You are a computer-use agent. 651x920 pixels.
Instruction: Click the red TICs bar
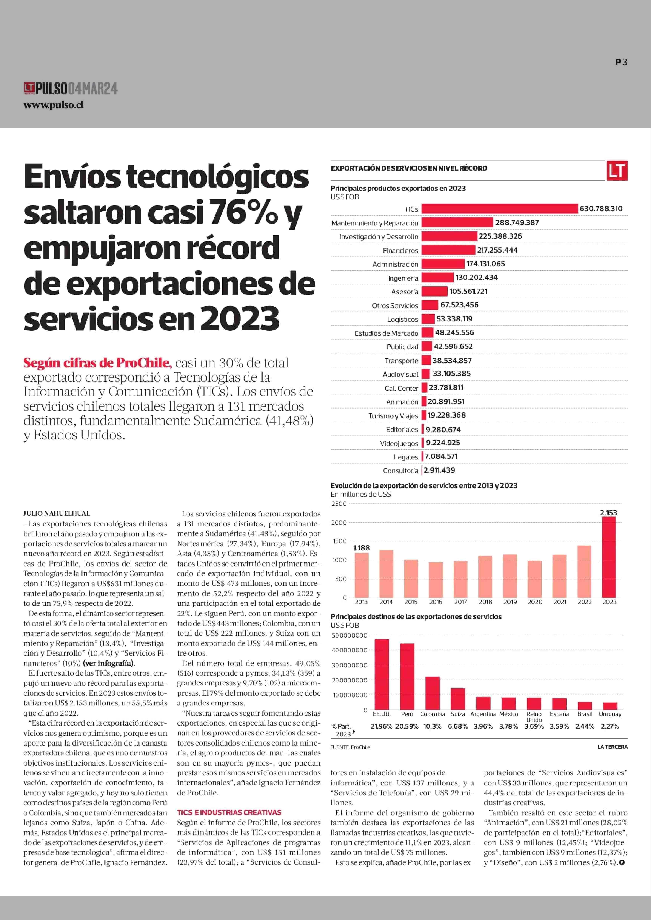(500, 208)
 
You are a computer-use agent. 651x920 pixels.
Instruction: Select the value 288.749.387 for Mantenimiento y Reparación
(517, 222)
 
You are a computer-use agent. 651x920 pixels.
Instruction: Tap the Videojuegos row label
(399, 443)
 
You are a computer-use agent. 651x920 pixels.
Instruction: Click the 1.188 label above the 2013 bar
(361, 548)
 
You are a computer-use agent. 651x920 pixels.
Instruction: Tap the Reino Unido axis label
(534, 717)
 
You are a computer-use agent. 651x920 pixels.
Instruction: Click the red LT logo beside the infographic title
(617, 170)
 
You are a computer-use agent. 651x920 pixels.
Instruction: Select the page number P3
(621, 62)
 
